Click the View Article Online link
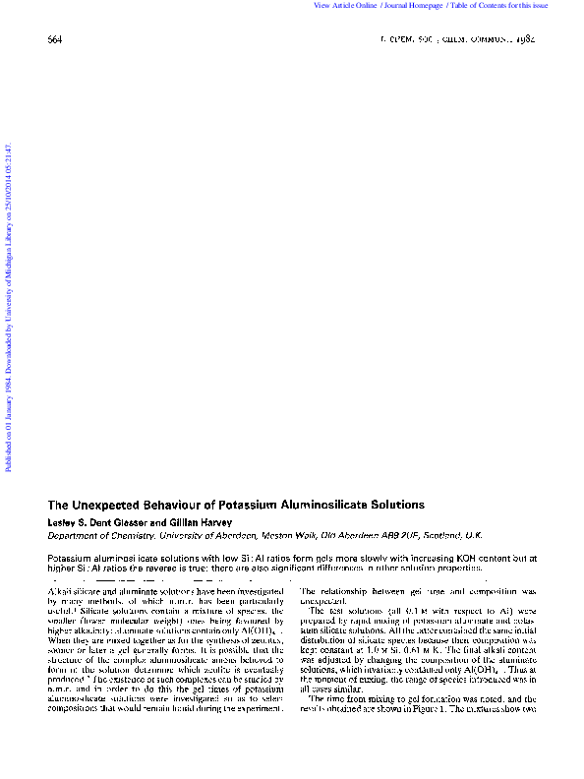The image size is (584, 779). tap(346, 6)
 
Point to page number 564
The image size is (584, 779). tap(54, 39)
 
